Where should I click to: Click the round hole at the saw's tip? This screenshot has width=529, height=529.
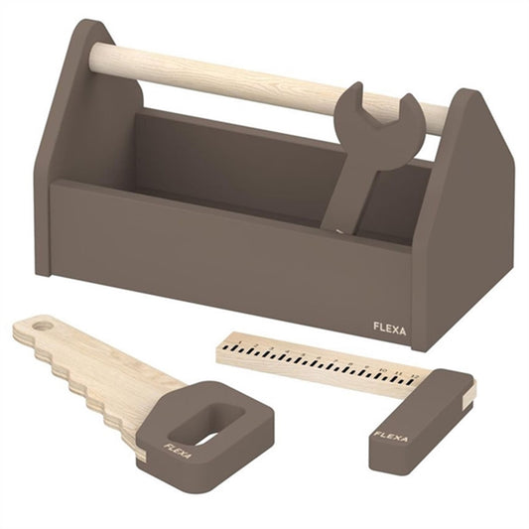pos(39,326)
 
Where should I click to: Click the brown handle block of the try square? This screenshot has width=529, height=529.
pos(417,418)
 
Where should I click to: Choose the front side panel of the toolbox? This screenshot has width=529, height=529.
pos(228,258)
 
